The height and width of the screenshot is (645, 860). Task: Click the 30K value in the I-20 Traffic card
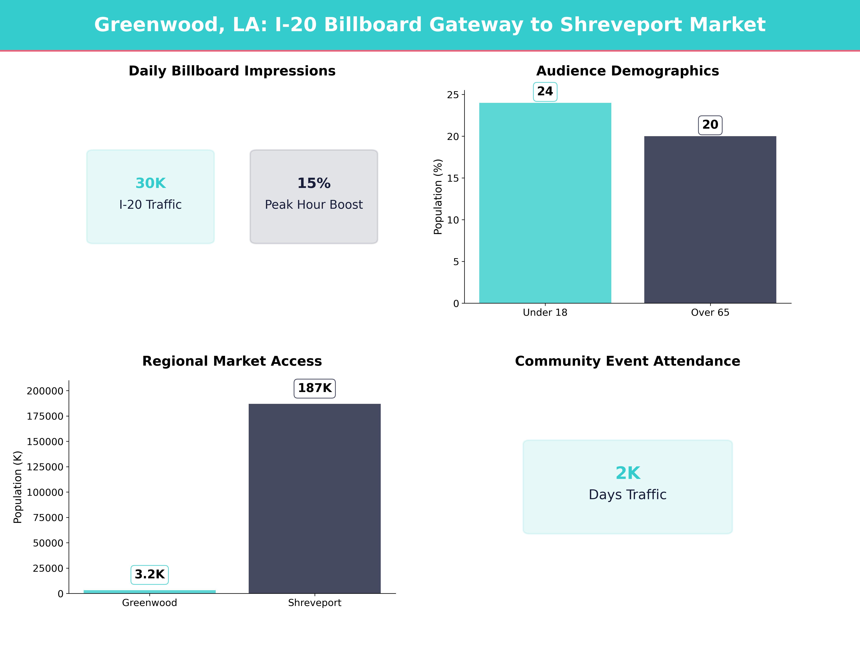[150, 183]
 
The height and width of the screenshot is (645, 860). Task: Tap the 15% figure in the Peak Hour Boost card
[314, 183]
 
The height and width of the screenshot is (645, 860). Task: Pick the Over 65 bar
[710, 220]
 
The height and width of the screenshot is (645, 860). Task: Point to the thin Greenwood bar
[150, 591]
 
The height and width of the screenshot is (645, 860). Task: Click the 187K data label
[315, 388]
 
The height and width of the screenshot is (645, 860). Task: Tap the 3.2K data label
[150, 574]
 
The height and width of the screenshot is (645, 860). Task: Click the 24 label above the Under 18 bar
[545, 91]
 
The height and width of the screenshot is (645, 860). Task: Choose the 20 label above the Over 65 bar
[710, 125]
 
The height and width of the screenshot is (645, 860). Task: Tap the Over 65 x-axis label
[710, 313]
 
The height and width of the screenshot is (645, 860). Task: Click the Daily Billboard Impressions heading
[232, 71]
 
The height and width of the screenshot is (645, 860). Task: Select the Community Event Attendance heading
[627, 361]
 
